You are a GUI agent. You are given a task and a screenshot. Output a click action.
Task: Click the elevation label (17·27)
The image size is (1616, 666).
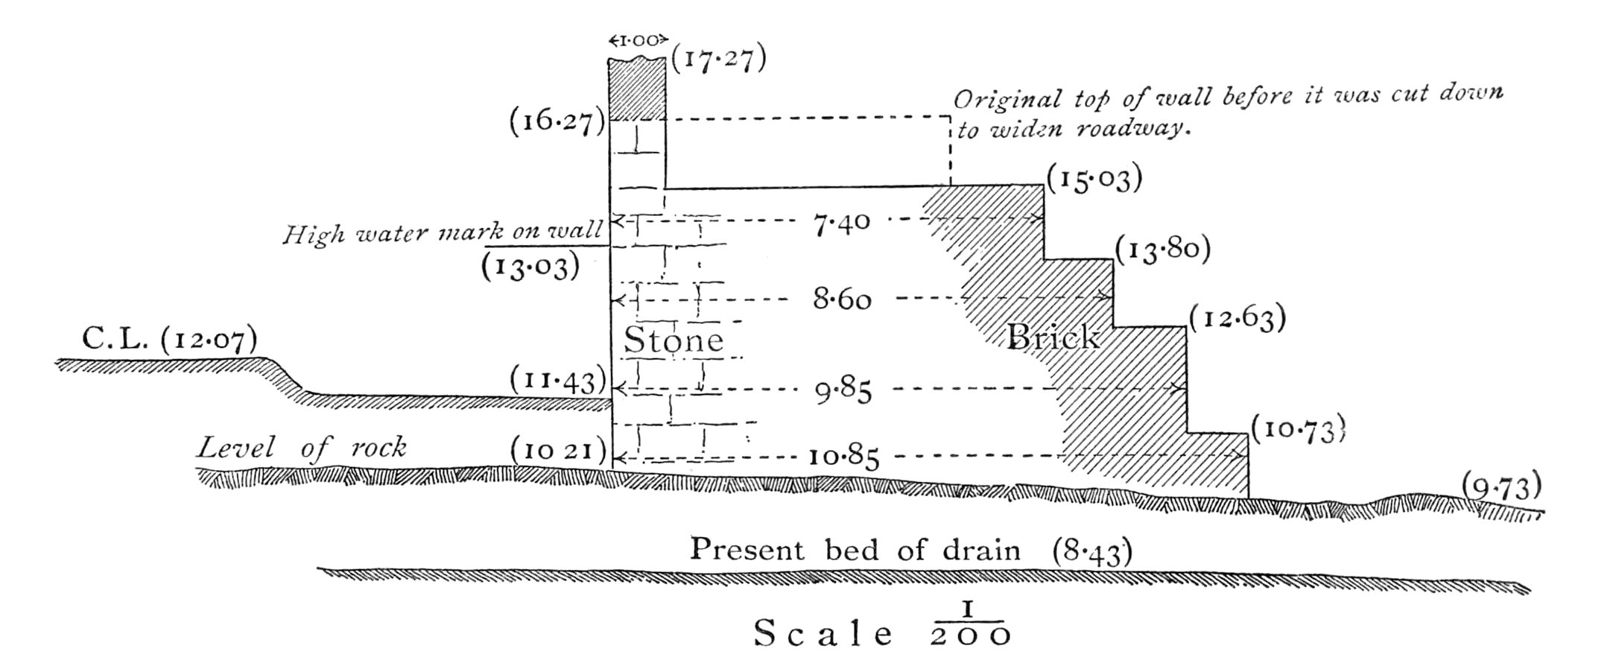(718, 60)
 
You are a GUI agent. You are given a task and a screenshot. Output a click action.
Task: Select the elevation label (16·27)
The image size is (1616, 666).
(557, 121)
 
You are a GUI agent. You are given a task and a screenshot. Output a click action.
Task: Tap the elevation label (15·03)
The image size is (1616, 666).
(1094, 180)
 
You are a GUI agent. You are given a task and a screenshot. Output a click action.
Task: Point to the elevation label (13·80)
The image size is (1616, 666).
(1162, 250)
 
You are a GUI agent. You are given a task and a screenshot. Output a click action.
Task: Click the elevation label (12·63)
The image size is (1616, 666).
(1238, 318)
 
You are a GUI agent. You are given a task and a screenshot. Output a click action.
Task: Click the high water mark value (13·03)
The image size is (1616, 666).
(530, 265)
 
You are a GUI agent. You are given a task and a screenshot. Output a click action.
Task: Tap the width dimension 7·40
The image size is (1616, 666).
(841, 223)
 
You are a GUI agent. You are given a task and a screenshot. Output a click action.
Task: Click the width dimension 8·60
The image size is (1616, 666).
(842, 300)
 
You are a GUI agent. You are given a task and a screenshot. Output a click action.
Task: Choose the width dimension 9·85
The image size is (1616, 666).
(843, 390)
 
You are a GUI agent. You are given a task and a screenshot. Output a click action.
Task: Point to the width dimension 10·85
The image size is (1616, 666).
(843, 456)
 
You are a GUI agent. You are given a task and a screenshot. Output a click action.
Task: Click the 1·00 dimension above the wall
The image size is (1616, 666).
(636, 40)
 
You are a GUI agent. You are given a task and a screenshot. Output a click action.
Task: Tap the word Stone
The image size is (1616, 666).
(674, 340)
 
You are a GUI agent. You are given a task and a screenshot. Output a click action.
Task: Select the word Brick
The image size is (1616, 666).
(1053, 337)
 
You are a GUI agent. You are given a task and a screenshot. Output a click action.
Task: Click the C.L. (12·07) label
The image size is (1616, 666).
(170, 340)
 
